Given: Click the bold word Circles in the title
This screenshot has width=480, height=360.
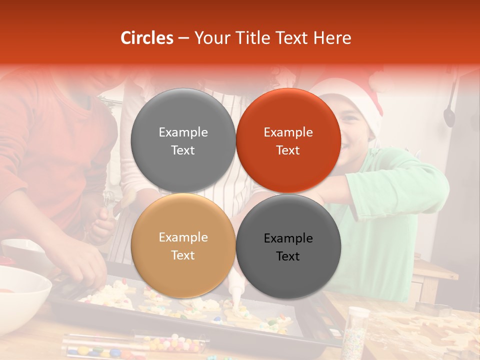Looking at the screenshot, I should (x=146, y=38).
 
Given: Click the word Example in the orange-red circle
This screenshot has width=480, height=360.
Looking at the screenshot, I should (x=288, y=132).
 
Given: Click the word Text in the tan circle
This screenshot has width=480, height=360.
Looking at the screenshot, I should (x=183, y=255).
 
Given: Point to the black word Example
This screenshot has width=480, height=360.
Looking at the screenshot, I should (x=288, y=238).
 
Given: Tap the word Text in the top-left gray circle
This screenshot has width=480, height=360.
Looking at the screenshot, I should (x=183, y=150).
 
